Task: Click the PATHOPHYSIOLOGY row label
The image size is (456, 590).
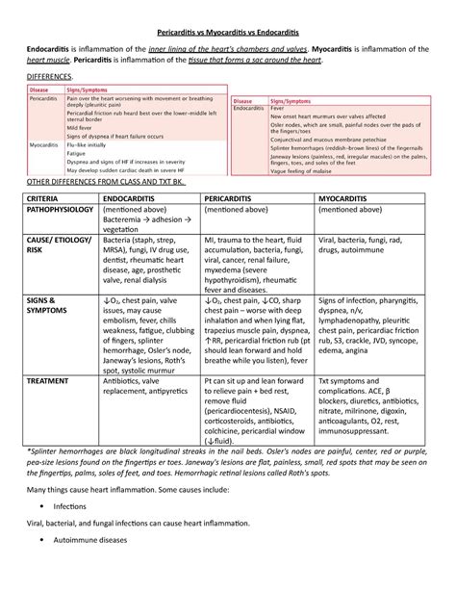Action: click(x=61, y=209)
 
